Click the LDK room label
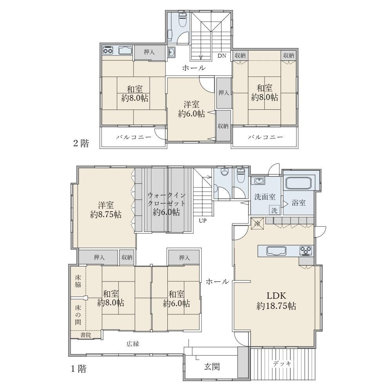[x=276, y=296]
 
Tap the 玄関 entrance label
[x=212, y=367]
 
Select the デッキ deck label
[x=282, y=364]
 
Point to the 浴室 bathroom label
[x=298, y=203]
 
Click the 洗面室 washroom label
[x=265, y=197]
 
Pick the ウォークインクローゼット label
[x=166, y=199]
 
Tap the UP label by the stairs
[x=203, y=221]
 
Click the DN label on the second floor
[x=222, y=56]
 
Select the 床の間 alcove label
[x=78, y=314]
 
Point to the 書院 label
[x=85, y=335]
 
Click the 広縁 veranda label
[x=132, y=344]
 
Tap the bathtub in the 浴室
[x=298, y=183]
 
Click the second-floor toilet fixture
[x=183, y=19]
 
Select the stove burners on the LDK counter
[x=306, y=251]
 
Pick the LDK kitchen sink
[x=276, y=251]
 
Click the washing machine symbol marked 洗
[x=274, y=210]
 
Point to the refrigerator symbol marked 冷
[x=258, y=223]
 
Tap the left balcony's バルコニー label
[x=134, y=137]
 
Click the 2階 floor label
[x=81, y=143]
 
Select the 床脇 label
[x=78, y=281]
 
